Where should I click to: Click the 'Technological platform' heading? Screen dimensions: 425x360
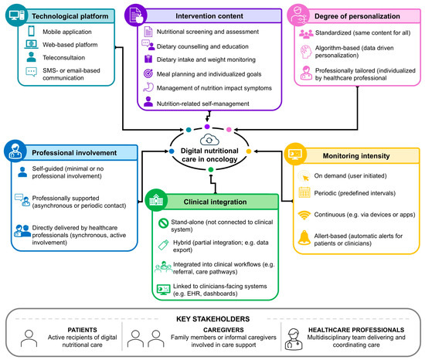pyautogui.click(x=70, y=16)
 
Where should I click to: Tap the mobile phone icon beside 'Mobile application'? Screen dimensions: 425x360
pyautogui.click(x=32, y=31)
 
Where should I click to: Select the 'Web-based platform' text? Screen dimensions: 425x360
pyautogui.click(x=70, y=45)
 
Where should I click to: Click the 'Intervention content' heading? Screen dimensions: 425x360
pyautogui.click(x=209, y=16)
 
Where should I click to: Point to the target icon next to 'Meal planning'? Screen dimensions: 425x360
pyautogui.click(x=148, y=73)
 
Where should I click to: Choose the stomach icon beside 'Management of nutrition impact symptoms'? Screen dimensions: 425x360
pyautogui.click(x=148, y=87)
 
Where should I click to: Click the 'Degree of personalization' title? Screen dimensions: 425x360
pyautogui.click(x=357, y=16)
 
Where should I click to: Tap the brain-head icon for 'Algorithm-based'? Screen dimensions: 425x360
pyautogui.click(x=306, y=52)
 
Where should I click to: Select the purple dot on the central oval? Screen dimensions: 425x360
pyautogui.click(x=207, y=127)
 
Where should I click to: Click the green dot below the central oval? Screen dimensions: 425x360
pyautogui.click(x=211, y=170)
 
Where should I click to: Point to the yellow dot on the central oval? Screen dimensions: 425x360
pyautogui.click(x=249, y=151)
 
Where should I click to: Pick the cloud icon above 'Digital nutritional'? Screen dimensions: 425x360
pyautogui.click(x=209, y=140)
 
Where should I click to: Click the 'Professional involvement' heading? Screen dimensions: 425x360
pyautogui.click(x=74, y=153)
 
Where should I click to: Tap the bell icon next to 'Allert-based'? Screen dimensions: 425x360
pyautogui.click(x=304, y=238)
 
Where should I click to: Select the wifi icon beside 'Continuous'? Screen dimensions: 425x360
pyautogui.click(x=304, y=216)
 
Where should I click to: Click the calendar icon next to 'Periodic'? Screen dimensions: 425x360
pyautogui.click(x=304, y=192)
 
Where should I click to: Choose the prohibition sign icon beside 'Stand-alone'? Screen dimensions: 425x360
pyautogui.click(x=163, y=223)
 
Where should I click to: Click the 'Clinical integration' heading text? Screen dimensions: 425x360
pyautogui.click(x=216, y=202)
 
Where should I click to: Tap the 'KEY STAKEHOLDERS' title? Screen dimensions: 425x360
pyautogui.click(x=212, y=319)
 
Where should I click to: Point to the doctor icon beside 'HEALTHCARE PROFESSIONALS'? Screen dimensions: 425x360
pyautogui.click(x=294, y=339)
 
